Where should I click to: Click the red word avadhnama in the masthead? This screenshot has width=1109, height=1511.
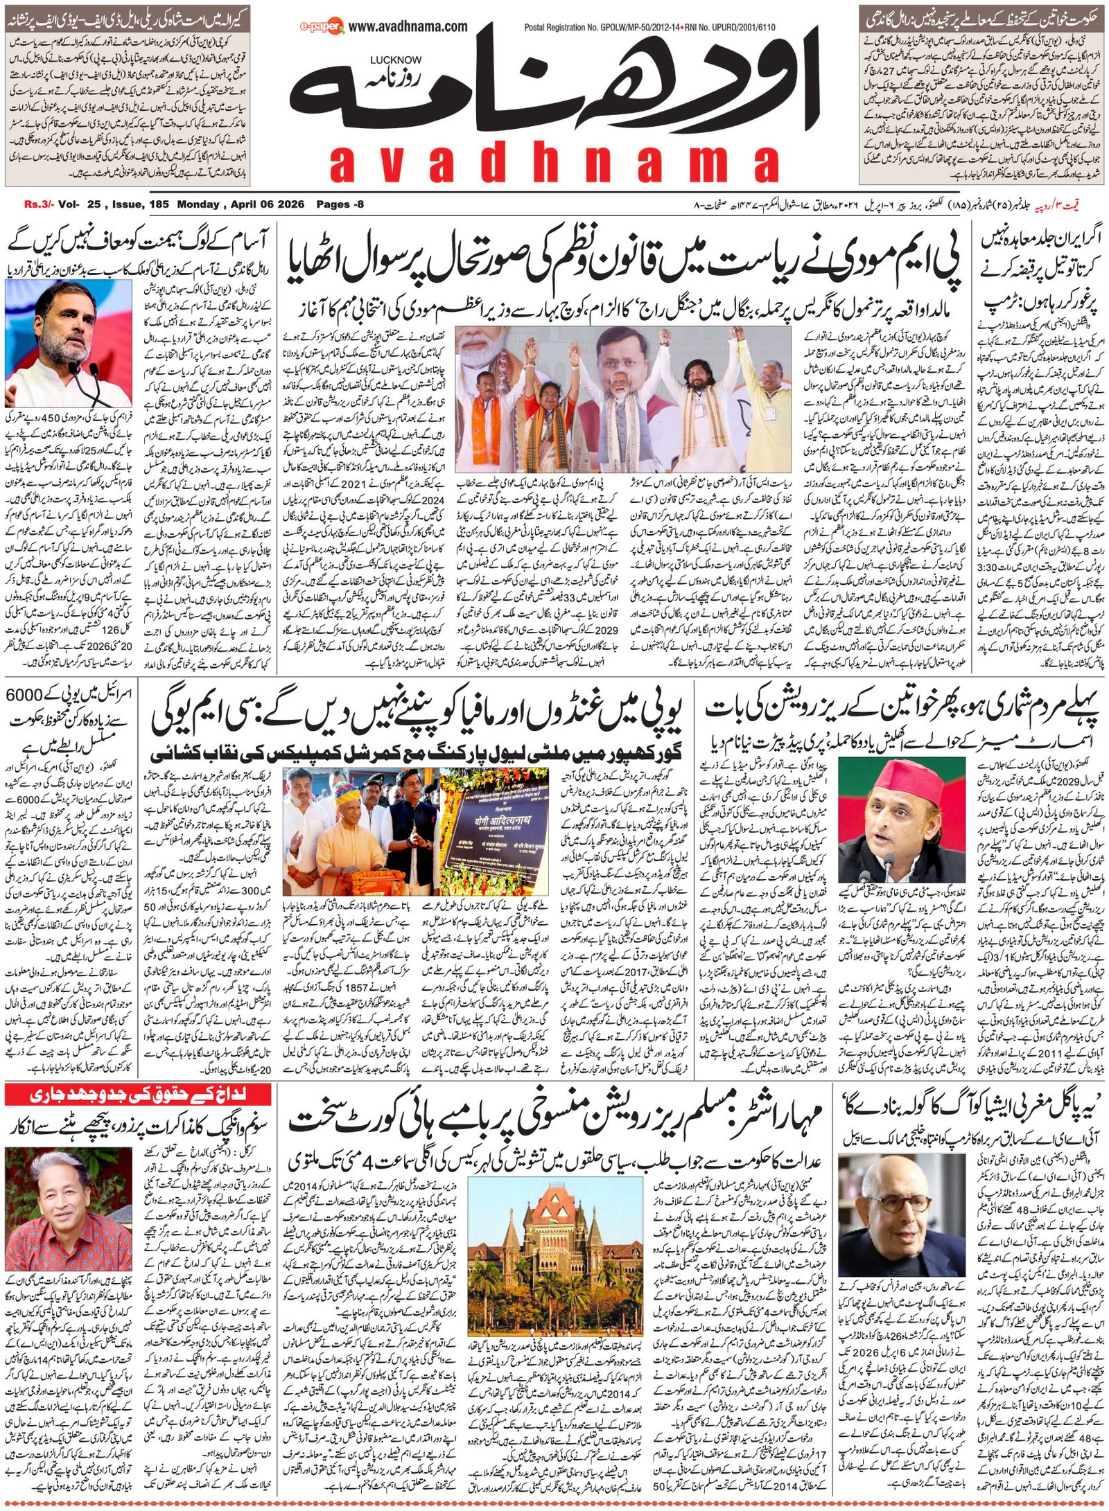click(x=554, y=165)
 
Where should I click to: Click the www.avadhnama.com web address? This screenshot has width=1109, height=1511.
click(x=408, y=27)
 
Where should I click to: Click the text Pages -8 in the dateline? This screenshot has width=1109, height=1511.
click(x=340, y=204)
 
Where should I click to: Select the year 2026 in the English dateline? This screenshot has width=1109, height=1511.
click(x=292, y=204)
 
